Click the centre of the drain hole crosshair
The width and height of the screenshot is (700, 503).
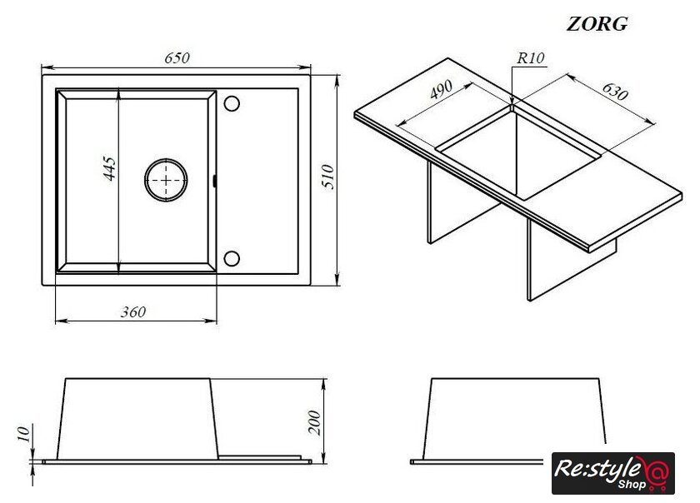pos(166,181)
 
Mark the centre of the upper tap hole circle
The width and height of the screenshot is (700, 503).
pos(232,103)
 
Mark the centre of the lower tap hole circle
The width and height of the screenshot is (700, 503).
pos(232,258)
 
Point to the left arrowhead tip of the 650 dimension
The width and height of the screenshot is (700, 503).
pos(42,67)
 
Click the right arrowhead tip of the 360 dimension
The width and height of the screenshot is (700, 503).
pos(217,321)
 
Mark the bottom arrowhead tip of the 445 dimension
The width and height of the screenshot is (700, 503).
pos(117,272)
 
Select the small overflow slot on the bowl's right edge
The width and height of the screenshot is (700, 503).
pos(215,181)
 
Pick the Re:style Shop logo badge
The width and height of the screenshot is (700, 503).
pos(613,473)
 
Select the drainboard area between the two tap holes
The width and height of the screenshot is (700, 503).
pos(257,181)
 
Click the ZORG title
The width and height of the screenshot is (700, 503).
pos(597,23)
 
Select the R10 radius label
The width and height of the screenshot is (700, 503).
pos(531,58)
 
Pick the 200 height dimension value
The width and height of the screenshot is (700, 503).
pos(315,422)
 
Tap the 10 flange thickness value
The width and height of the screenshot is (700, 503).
pos(23,433)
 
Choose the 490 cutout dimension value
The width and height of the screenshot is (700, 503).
pos(441,90)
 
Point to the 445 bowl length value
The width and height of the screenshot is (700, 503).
pos(110,168)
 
